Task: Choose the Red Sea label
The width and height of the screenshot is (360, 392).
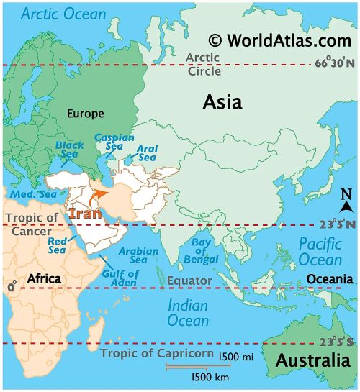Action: click(x=58, y=245)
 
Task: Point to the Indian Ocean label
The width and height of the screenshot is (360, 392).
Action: click(x=188, y=313)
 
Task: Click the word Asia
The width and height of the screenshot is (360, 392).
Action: click(x=222, y=102)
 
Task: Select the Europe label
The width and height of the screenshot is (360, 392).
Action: click(x=85, y=114)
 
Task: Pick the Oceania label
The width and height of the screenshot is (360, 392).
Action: click(x=330, y=278)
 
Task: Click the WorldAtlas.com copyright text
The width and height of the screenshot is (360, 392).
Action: click(x=279, y=41)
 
